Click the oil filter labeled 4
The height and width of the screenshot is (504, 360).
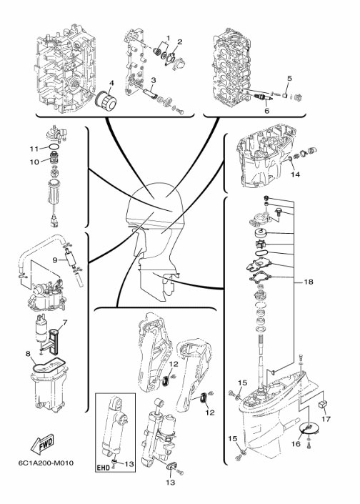click(105, 101)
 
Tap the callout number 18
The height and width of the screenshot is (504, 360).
click(308, 282)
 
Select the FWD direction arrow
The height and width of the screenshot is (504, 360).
click(42, 443)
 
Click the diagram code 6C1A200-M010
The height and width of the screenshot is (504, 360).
click(46, 463)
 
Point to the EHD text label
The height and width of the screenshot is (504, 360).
click(103, 468)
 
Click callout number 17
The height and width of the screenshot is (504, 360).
click(326, 419)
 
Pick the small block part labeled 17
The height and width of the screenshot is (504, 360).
click(322, 405)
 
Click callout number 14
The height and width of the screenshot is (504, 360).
click(295, 174)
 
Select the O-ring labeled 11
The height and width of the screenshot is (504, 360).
click(55, 147)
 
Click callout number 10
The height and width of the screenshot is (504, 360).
click(34, 162)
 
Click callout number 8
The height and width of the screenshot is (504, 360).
click(29, 354)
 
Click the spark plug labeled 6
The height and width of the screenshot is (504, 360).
click(264, 97)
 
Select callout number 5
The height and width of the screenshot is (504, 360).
click(290, 78)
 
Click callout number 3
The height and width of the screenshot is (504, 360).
click(154, 80)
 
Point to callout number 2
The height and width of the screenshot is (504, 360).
click(179, 41)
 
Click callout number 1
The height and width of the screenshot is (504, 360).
click(168, 39)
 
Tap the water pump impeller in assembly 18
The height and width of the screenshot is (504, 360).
click(261, 244)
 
